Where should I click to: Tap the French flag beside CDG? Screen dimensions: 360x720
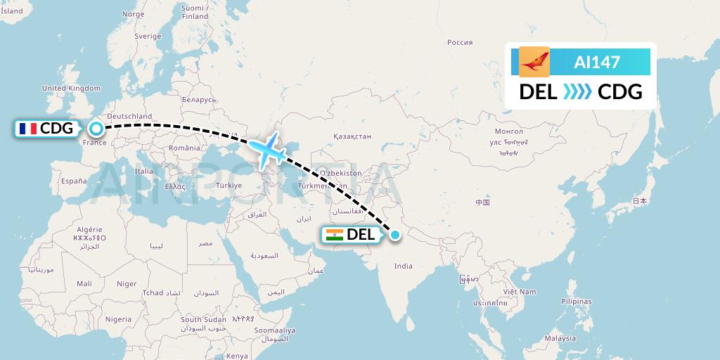click(27, 129)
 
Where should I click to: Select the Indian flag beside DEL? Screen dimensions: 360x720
click(334, 235)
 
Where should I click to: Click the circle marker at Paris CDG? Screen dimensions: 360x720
click(96, 129)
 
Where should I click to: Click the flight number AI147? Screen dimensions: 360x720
click(597, 62)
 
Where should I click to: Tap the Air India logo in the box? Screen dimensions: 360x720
click(534, 62)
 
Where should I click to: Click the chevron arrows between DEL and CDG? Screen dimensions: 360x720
click(578, 92)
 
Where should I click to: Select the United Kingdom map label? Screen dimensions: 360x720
click(72, 89)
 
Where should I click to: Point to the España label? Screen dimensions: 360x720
click(73, 181)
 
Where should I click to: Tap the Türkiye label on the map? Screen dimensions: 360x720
click(229, 186)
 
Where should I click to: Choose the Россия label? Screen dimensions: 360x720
click(460, 43)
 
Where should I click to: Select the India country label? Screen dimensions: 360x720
click(403, 266)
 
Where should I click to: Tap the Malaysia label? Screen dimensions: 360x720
click(560, 338)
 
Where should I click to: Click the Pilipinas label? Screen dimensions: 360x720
click(577, 300)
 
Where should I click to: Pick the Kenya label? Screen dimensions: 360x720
click(237, 356)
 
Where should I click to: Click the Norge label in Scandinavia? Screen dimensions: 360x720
click(133, 14)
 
